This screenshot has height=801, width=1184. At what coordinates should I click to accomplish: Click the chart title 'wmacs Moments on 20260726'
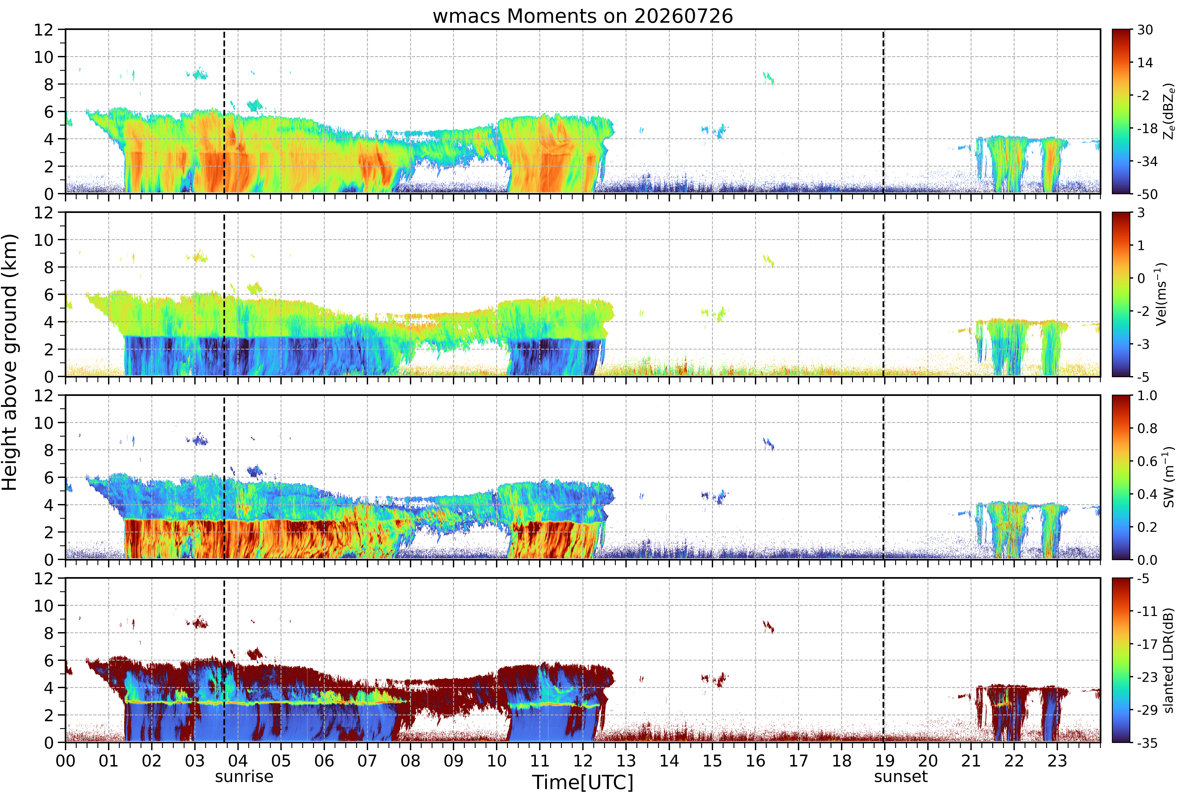click(x=583, y=16)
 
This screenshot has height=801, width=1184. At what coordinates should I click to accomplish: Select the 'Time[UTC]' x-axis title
click(x=583, y=782)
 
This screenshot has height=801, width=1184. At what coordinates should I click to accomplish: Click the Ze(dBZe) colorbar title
click(x=1169, y=111)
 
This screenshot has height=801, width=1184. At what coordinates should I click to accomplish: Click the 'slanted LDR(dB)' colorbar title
click(x=1169, y=660)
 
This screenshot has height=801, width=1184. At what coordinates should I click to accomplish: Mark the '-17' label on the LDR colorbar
click(x=1147, y=644)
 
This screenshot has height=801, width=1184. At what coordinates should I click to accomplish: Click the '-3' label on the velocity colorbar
click(x=1143, y=344)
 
